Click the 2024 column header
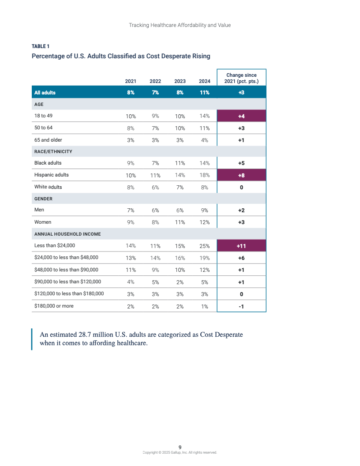[x=204, y=81]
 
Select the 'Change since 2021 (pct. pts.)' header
[x=241, y=78]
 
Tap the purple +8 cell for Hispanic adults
[x=241, y=175]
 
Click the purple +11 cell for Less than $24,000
[x=241, y=246]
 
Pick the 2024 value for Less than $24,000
[x=204, y=246]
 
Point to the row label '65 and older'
[x=48, y=140]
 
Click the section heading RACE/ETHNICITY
[x=53, y=151]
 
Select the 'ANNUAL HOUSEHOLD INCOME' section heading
[x=67, y=234]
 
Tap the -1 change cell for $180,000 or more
[x=241, y=306]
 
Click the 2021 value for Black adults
[x=131, y=163]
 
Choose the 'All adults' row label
[x=45, y=93]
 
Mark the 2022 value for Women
[x=155, y=222]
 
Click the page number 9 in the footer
[x=180, y=447]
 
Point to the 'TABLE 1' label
[x=41, y=46]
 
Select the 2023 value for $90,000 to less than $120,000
[x=180, y=282]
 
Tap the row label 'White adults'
[x=48, y=187]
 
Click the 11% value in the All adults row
[x=204, y=93]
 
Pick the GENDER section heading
[x=43, y=199]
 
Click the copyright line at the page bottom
[x=180, y=452]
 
